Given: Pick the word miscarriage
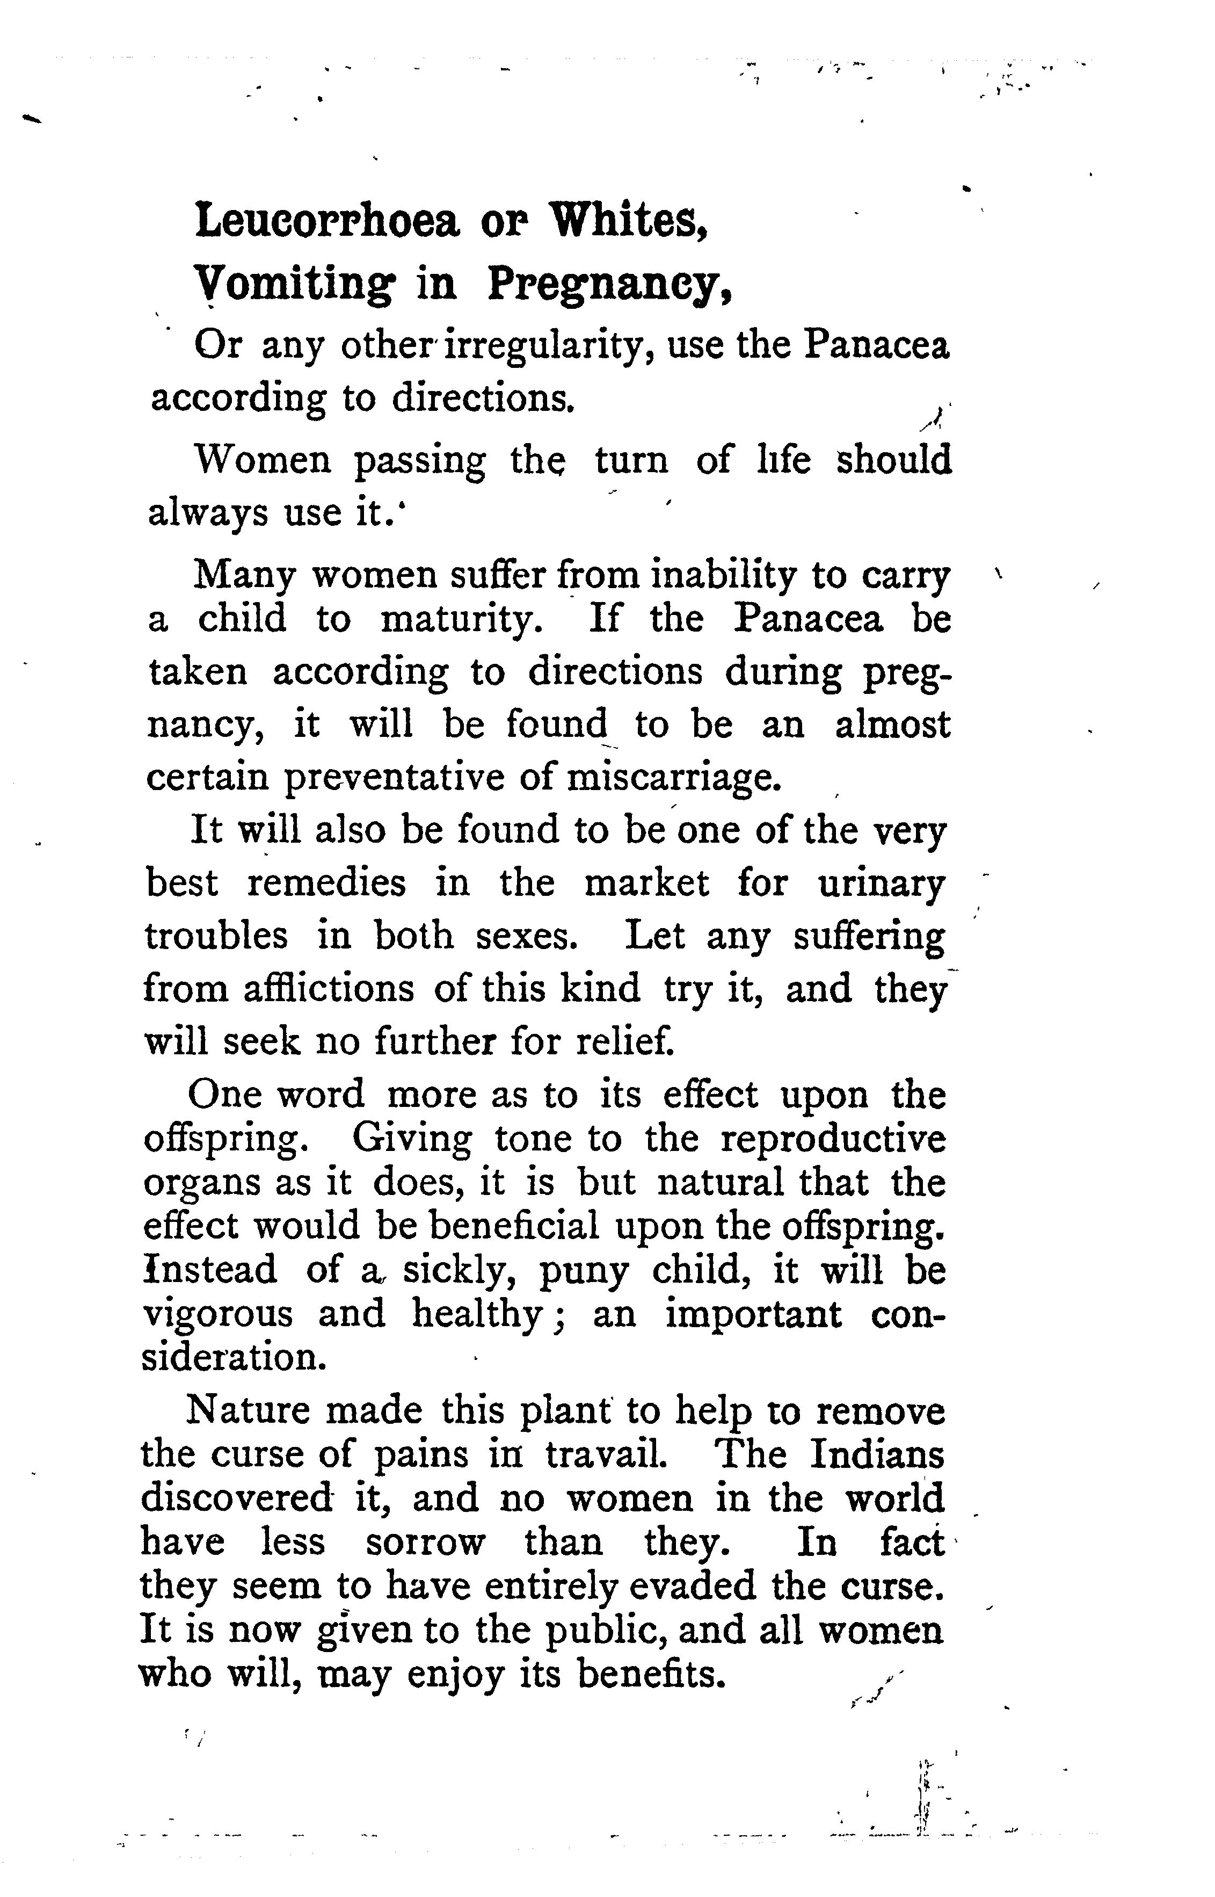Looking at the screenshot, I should pos(674,777).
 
